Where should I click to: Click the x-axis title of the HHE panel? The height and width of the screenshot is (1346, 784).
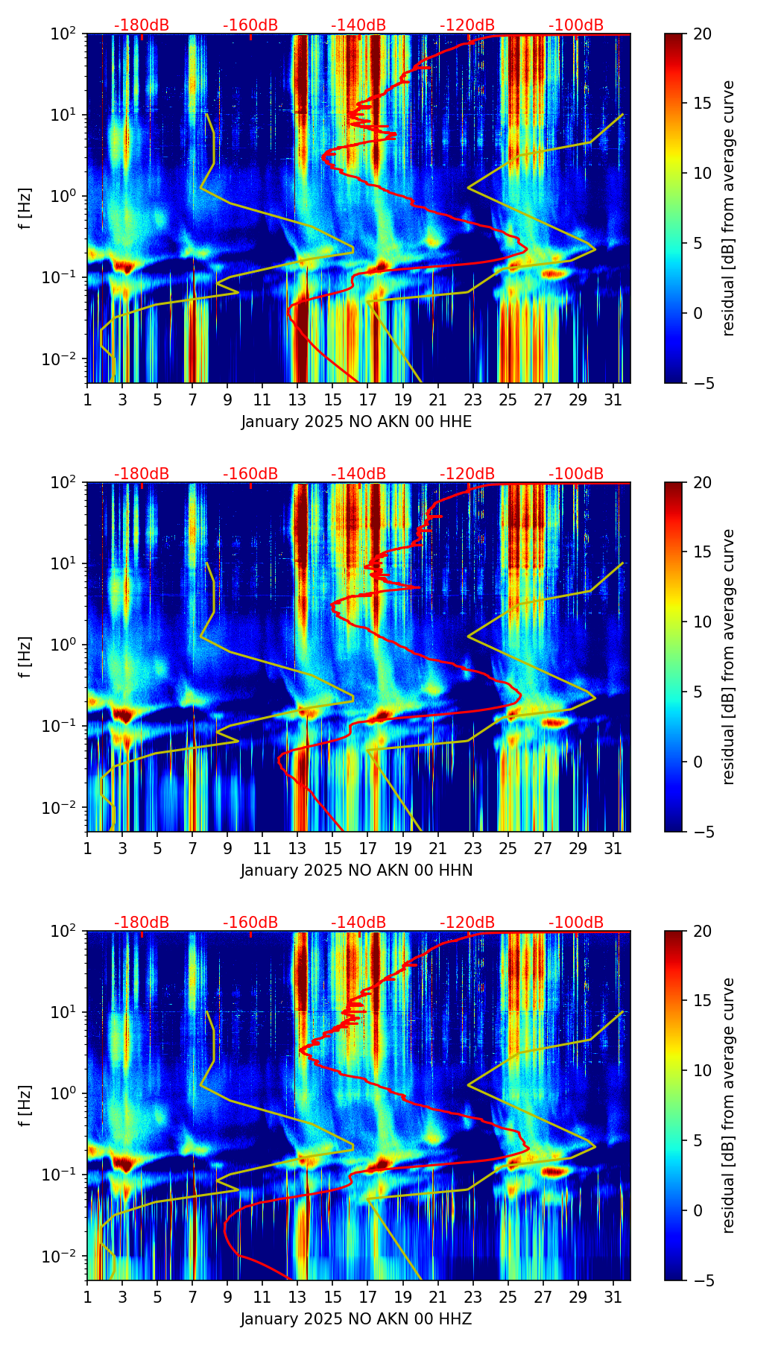(356, 422)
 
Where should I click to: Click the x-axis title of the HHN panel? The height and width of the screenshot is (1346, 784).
(356, 871)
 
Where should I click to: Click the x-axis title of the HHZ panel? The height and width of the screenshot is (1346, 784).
(356, 1319)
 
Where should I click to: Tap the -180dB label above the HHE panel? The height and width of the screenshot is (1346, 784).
(142, 25)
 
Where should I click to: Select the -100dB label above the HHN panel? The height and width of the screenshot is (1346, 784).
(576, 474)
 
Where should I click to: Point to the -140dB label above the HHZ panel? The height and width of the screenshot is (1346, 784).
(358, 923)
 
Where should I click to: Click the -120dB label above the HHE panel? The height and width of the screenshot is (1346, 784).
(467, 25)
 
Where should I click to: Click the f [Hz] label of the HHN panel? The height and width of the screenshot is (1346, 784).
(26, 657)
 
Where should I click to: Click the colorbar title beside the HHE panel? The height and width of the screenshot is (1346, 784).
(729, 208)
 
